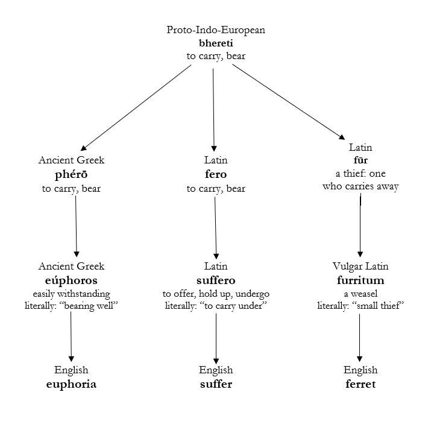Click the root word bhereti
(216, 43)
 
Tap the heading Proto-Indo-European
(216, 30)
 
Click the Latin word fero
(216, 175)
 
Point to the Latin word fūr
(360, 161)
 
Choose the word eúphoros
(72, 280)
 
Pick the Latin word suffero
(216, 280)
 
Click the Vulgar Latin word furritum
(360, 280)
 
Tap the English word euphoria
(72, 384)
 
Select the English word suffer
(216, 384)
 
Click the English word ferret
(360, 384)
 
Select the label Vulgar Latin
(360, 267)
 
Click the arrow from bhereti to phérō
(136, 107)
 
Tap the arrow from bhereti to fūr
(287, 100)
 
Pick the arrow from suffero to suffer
(216, 338)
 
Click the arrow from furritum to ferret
(360, 338)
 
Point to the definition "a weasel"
(360, 293)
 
